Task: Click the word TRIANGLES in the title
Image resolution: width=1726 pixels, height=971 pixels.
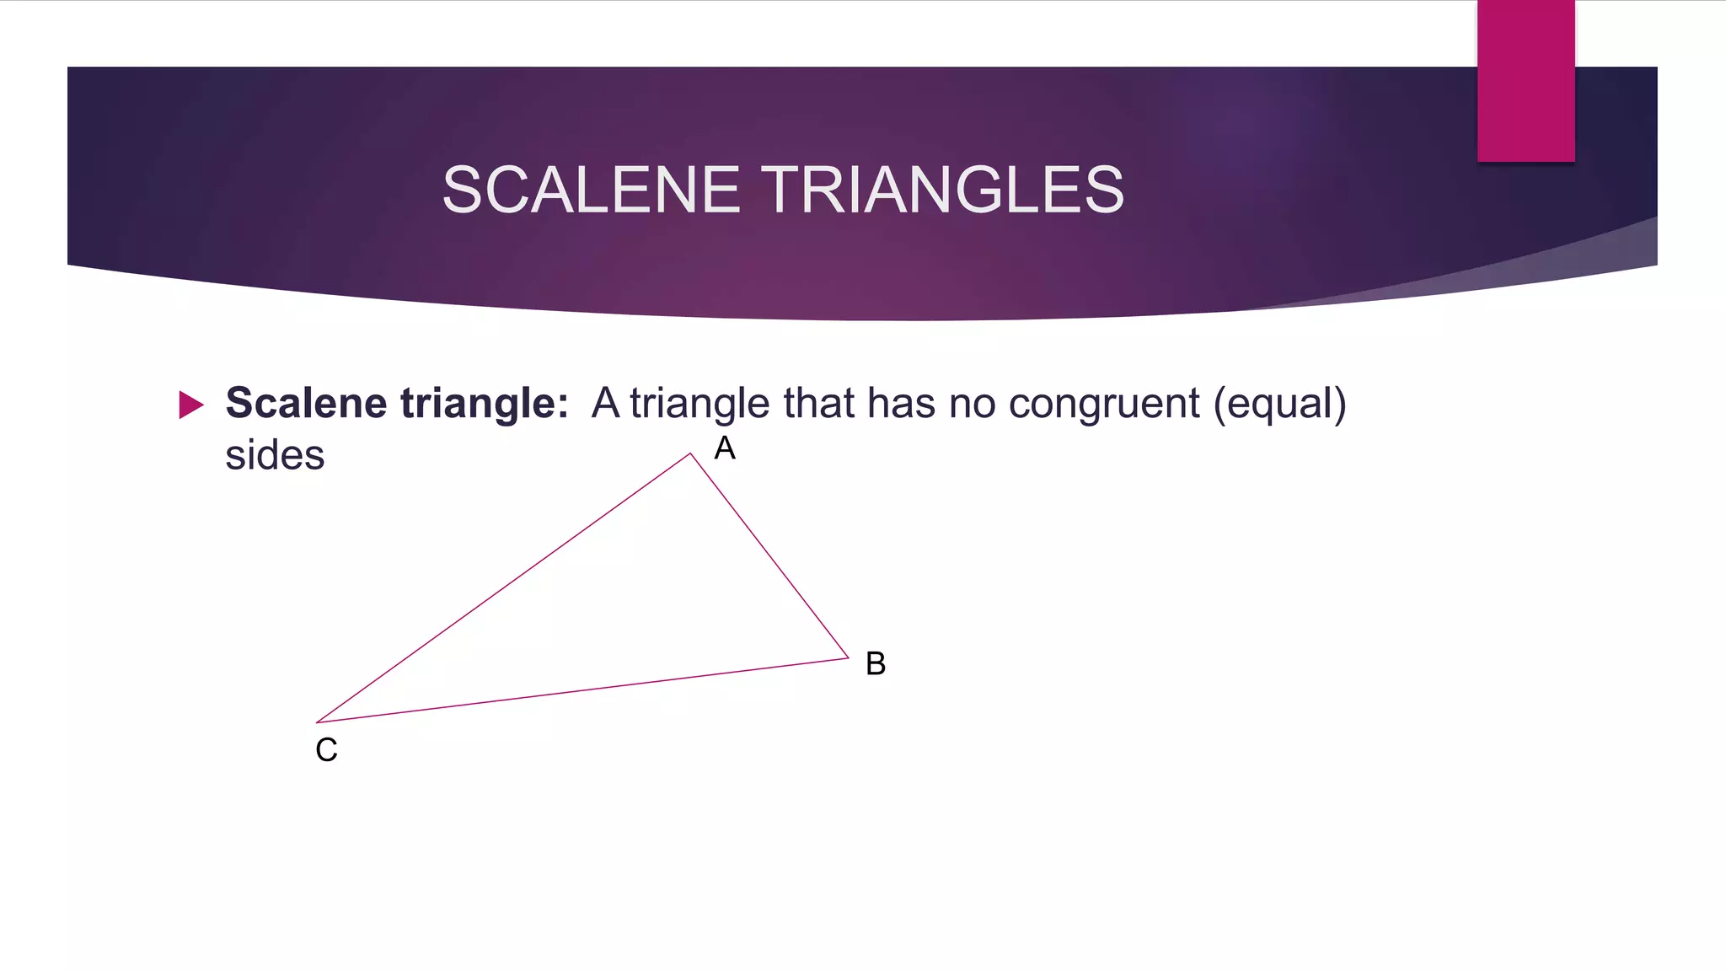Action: (x=944, y=190)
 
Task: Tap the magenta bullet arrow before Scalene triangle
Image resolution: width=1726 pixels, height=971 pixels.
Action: (x=191, y=405)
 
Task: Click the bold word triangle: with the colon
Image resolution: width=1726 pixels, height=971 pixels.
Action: (x=484, y=403)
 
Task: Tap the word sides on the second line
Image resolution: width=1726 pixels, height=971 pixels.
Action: (x=275, y=455)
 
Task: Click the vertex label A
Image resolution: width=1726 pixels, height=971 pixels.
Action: (x=725, y=448)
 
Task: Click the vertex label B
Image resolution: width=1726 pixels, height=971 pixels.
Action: (x=876, y=663)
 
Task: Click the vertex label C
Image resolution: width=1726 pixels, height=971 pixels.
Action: (x=326, y=749)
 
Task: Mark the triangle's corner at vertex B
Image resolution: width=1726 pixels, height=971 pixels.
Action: (x=848, y=657)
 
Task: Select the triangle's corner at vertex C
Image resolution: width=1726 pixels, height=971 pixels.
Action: (x=317, y=722)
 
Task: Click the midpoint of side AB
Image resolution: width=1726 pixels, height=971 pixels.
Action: (x=769, y=555)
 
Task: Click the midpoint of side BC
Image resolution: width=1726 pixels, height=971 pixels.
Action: (x=582, y=689)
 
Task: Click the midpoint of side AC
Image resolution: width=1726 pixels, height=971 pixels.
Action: (x=503, y=587)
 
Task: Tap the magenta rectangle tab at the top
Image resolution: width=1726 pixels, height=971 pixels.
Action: (x=1525, y=80)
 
